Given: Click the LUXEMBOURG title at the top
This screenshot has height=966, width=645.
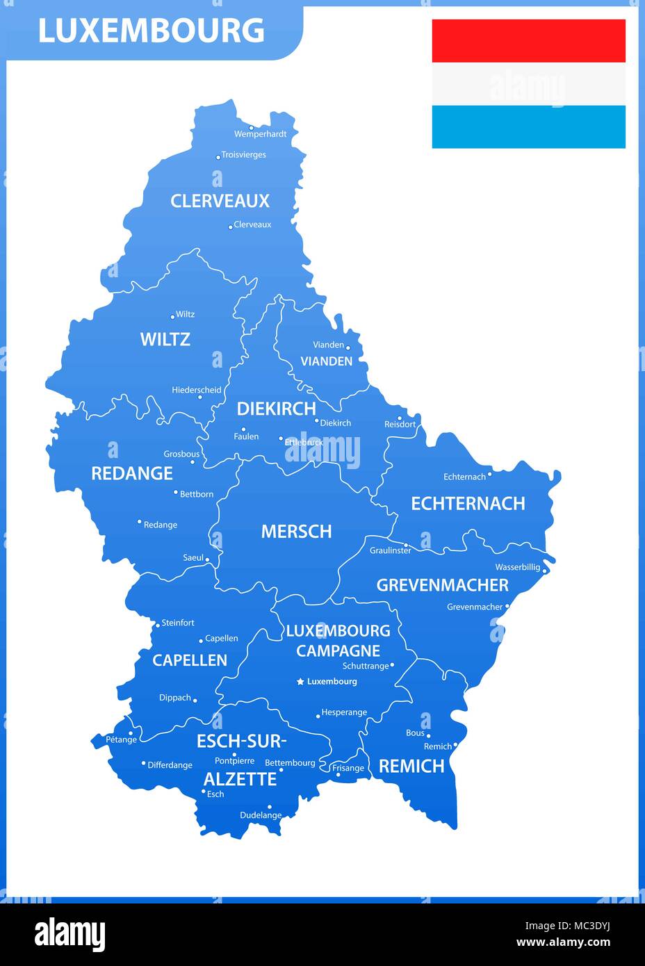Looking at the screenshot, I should [151, 31].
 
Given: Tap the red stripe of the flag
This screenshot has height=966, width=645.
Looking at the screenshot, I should [528, 41].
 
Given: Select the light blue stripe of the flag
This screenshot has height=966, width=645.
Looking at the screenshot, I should [528, 126].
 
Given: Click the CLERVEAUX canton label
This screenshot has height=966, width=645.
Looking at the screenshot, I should [220, 201].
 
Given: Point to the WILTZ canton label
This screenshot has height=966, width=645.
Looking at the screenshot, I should [165, 339].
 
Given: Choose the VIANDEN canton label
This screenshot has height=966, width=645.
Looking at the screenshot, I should [326, 361].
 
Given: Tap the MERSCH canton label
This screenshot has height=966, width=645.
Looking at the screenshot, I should [296, 532].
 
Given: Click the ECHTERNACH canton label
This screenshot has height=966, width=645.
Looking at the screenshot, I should [468, 503].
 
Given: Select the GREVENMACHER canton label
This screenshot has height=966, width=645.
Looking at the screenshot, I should [442, 585].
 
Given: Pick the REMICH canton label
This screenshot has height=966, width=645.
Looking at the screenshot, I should [411, 766].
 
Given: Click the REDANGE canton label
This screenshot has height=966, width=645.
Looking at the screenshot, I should [132, 473].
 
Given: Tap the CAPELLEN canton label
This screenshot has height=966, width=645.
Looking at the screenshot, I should [190, 660].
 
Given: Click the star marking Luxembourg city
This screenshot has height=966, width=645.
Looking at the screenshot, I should [300, 682].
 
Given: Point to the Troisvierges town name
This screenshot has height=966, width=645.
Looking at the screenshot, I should [243, 155].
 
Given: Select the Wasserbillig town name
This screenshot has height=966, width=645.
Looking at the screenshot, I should [517, 567].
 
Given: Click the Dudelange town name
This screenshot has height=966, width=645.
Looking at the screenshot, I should [261, 815].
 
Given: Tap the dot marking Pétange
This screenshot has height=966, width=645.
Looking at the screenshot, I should [131, 732].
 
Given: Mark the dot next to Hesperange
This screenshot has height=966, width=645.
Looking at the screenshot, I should [318, 715].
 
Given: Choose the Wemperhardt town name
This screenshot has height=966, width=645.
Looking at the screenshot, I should [260, 134].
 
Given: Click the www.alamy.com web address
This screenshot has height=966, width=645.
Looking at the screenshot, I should [563, 942].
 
